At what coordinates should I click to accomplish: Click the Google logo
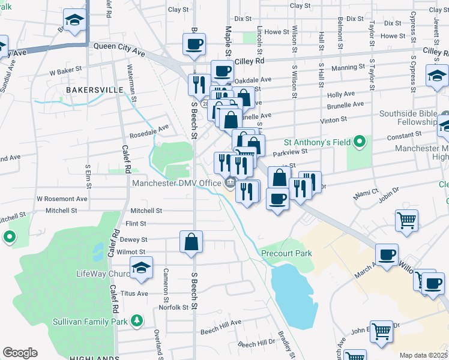(20, 353)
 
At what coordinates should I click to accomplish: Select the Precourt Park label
(287, 253)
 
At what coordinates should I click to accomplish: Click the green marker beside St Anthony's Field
(359, 142)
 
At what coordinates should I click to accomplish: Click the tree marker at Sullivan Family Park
(137, 322)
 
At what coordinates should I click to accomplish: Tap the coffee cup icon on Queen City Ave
(194, 46)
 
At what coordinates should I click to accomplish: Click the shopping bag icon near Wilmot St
(191, 243)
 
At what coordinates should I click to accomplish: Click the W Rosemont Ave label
(62, 199)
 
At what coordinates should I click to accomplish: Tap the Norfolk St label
(173, 307)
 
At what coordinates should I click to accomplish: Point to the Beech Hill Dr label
(256, 344)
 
